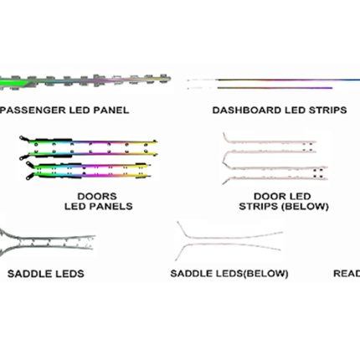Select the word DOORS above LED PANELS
point(97,196)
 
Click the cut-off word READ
point(347,273)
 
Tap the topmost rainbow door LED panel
point(89,141)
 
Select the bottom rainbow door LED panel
point(89,176)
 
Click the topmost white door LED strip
point(270,142)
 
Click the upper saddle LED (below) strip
point(232,238)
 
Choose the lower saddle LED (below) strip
point(229,245)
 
